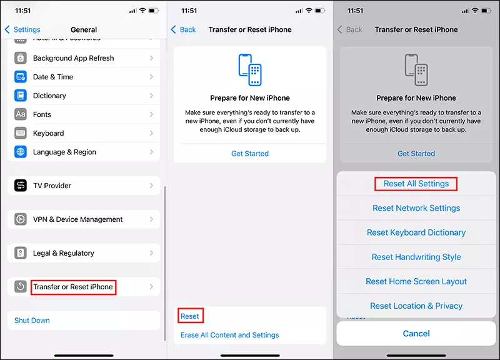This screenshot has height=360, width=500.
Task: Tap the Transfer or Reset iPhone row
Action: tap(84, 287)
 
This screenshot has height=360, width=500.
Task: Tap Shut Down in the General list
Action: tap(32, 321)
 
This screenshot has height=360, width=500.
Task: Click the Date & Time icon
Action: tap(21, 77)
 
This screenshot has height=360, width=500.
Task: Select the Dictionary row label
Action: tap(49, 96)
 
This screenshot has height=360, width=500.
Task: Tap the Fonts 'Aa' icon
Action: tap(21, 114)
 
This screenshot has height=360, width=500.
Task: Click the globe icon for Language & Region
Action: tap(21, 152)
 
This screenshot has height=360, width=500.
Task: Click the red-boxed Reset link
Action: tap(190, 316)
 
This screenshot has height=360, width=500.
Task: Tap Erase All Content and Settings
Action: tap(229, 335)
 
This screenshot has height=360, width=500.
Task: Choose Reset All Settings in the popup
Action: tap(416, 184)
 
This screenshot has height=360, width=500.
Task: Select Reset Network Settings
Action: tap(416, 208)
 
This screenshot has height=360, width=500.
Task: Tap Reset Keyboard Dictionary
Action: tap(416, 232)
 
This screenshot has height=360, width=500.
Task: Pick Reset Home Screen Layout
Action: tap(416, 281)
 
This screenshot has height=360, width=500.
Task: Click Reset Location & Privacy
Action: tap(416, 306)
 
